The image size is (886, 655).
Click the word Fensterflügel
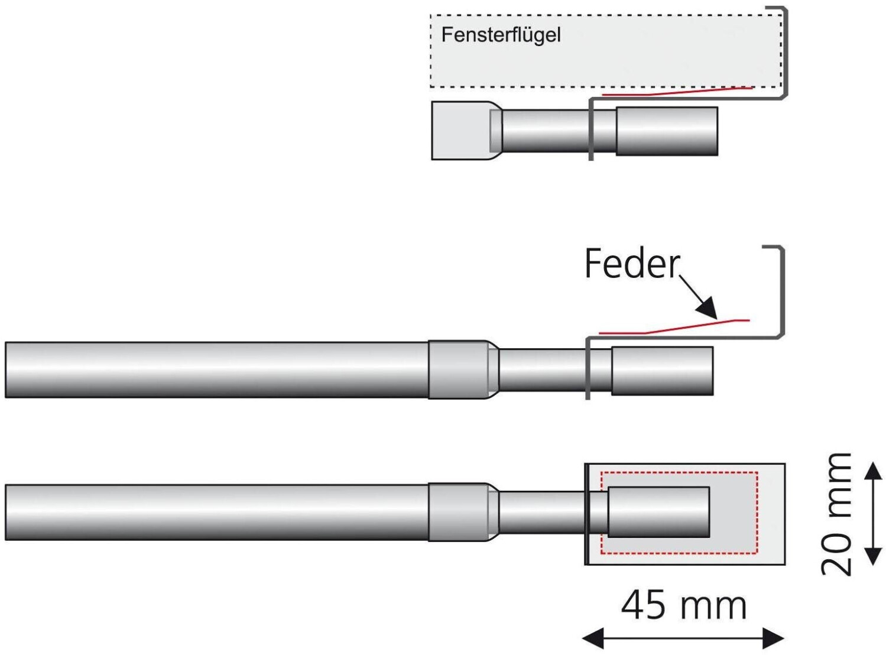[501, 35]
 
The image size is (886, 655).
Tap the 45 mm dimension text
[684, 606]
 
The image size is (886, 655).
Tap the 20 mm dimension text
[836, 514]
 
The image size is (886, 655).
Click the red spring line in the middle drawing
[674, 327]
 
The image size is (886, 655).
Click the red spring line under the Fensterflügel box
[677, 92]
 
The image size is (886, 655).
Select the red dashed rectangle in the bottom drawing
[679, 472]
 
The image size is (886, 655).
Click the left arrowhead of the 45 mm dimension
[593, 638]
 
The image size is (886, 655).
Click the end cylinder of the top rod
[667, 131]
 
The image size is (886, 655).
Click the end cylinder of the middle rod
[663, 371]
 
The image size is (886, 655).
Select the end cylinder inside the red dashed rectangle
[658, 512]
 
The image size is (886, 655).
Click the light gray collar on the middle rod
[459, 369]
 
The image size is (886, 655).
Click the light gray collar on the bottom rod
[459, 513]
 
